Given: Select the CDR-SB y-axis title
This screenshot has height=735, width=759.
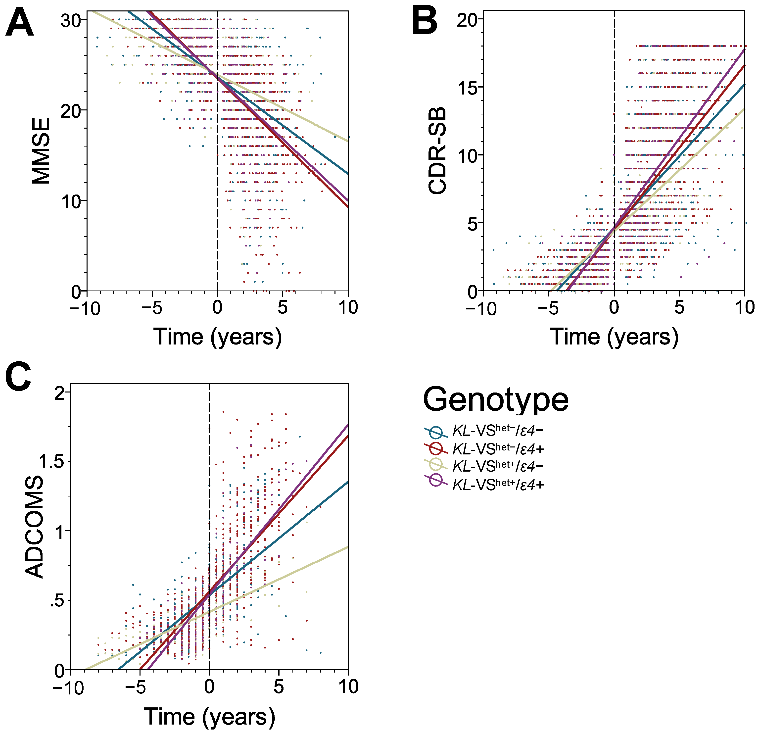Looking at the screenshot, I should pyautogui.click(x=438, y=151).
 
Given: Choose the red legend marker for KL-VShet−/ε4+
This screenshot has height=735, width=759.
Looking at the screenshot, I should pyautogui.click(x=436, y=449).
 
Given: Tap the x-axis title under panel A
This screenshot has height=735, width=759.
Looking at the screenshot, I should pyautogui.click(x=218, y=337).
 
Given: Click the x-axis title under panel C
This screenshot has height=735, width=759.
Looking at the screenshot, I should pyautogui.click(x=209, y=716).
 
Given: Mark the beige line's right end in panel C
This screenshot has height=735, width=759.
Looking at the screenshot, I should pyautogui.click(x=347, y=547).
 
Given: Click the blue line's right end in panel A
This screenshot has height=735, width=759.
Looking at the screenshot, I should pyautogui.click(x=347, y=173).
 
